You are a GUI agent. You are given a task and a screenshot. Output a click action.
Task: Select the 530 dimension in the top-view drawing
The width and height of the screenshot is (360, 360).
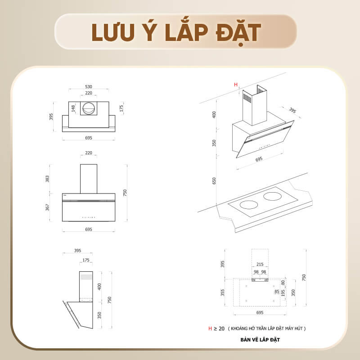89,86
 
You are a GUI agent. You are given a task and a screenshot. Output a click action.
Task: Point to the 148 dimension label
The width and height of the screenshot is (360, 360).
73,108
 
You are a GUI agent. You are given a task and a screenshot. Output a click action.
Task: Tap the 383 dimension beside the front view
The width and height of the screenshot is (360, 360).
47,179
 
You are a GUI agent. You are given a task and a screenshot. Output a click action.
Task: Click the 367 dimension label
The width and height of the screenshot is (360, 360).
47,207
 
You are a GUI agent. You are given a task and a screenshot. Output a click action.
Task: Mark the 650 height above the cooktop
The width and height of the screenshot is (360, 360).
214,180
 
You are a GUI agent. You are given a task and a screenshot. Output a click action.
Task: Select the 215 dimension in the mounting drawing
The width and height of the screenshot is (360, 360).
260,265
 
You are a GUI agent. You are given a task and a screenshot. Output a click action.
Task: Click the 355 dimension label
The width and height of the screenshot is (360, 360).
223,292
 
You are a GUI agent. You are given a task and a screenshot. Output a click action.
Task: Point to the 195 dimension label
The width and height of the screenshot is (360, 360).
283,293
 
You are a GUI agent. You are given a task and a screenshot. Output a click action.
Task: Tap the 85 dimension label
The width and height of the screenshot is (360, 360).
276,291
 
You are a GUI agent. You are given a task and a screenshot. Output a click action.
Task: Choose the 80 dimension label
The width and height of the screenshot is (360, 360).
283,283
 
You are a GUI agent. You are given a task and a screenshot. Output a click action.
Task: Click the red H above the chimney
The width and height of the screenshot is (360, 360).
235,85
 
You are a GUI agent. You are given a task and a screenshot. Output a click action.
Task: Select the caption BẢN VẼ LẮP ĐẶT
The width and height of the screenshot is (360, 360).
260,340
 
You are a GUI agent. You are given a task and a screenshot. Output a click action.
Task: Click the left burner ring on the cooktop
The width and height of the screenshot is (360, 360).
249,205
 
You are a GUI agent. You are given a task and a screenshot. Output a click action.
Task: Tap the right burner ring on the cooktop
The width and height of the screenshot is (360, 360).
272,196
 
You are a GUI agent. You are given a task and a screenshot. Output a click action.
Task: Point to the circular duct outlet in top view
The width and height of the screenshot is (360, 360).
88,108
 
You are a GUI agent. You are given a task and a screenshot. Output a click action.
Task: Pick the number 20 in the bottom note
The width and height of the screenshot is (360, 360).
221,328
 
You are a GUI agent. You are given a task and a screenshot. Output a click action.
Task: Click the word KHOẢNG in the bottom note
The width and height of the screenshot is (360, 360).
243,329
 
